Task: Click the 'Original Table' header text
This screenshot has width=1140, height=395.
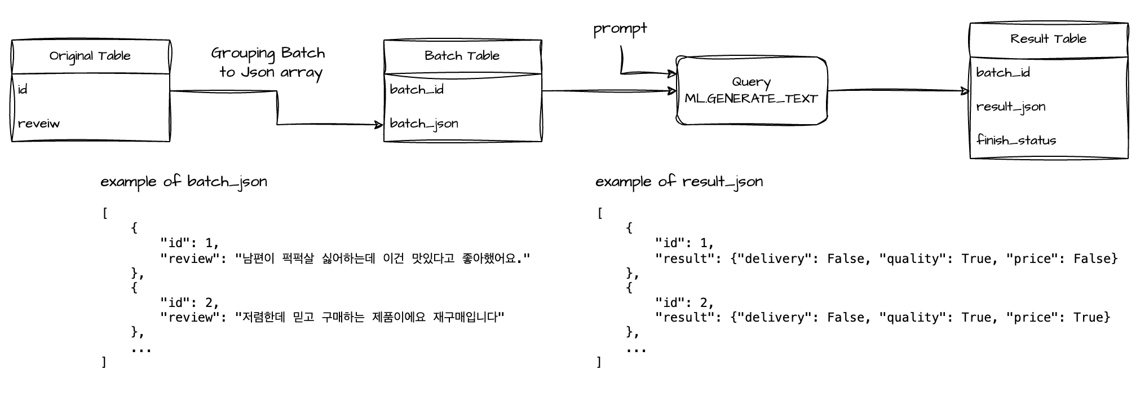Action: coord(90,56)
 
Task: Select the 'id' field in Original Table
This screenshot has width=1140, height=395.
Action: coord(23,90)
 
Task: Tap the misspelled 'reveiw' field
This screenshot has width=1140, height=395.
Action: coord(38,124)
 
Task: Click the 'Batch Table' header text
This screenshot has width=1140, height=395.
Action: coord(462,56)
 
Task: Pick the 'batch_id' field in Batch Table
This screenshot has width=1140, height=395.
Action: coord(417,90)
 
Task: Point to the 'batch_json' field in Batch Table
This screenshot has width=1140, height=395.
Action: coord(424,124)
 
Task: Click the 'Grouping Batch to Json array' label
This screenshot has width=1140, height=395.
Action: coord(268,63)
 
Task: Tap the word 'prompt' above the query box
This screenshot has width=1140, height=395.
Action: coord(620,29)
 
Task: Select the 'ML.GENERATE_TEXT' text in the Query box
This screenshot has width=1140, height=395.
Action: coord(751,99)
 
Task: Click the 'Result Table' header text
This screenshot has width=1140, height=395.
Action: coord(1048,39)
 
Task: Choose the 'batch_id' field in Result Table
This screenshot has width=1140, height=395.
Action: coord(1003,73)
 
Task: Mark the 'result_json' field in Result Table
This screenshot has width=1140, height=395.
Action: coord(1011,107)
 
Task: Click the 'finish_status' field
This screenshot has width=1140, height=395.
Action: coord(1016,140)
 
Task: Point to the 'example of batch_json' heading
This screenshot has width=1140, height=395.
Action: coord(184,182)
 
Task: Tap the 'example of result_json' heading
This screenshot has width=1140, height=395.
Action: coord(679,182)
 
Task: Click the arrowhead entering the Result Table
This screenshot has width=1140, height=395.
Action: coord(965,91)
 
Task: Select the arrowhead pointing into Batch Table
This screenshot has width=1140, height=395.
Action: coord(379,125)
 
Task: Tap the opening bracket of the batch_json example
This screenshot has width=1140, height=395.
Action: coord(105,214)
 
